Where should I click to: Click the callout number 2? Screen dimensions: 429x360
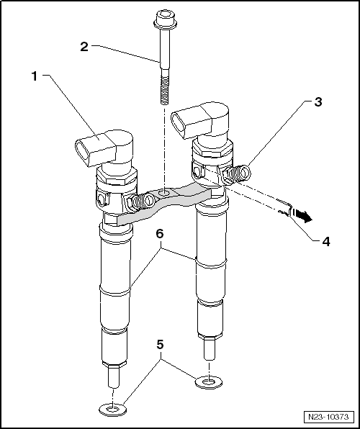pyautogui.click(x=84, y=46)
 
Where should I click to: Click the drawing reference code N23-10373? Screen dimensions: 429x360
pyautogui.click(x=327, y=417)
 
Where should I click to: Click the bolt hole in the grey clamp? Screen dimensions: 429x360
pyautogui.click(x=166, y=193)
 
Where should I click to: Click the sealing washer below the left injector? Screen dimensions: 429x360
pyautogui.click(x=112, y=410)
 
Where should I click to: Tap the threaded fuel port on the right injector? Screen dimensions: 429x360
pyautogui.click(x=238, y=173)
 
